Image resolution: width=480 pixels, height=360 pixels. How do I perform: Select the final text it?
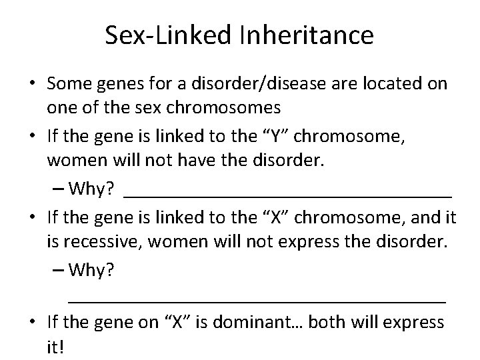click(59, 347)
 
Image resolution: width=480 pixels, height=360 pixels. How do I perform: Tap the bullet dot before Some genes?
click(32, 85)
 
